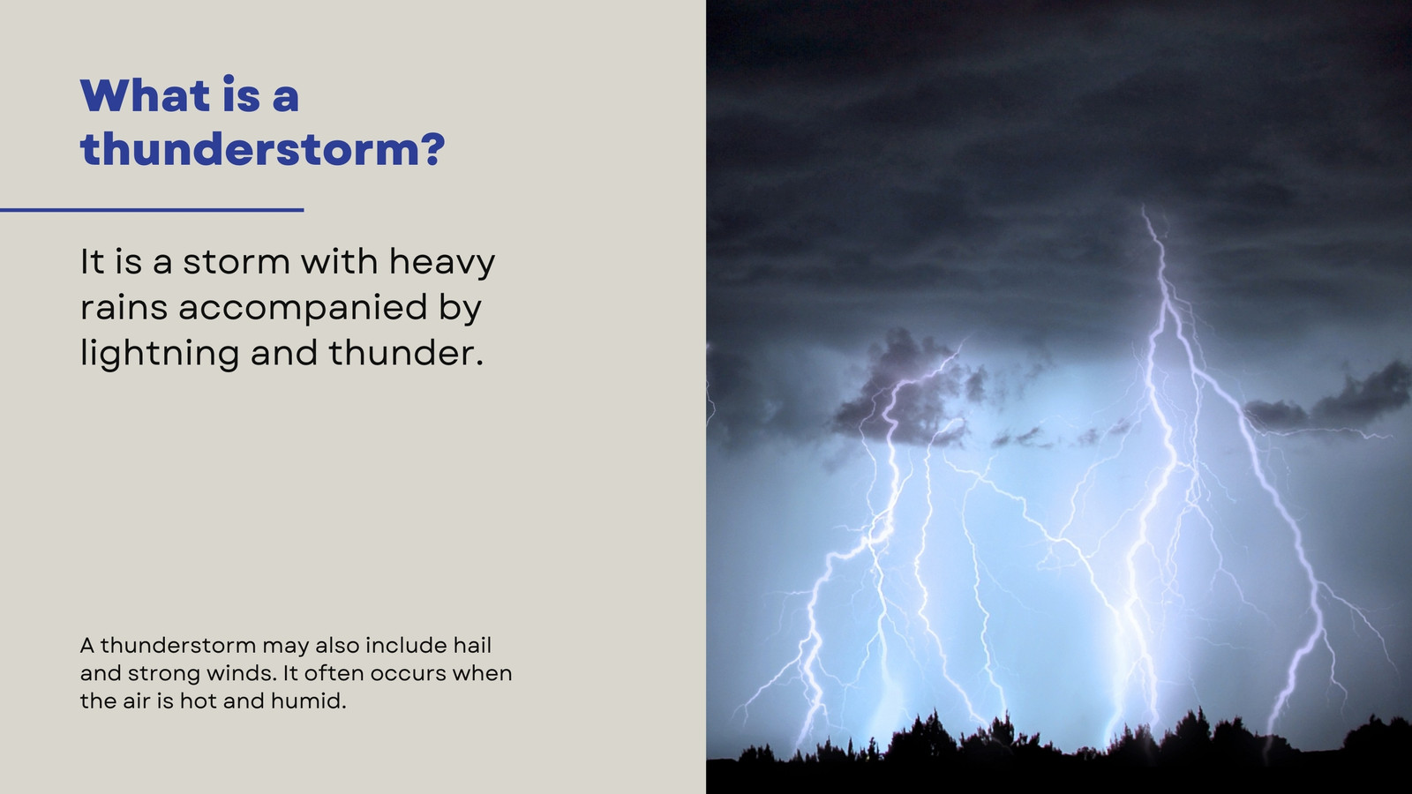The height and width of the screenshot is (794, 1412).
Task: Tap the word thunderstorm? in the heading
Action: (263, 149)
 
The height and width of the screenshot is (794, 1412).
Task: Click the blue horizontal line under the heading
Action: (152, 210)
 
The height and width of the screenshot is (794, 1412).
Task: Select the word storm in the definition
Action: (237, 261)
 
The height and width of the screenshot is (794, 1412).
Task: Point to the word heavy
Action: (442, 263)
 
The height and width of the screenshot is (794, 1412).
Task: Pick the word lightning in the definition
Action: (160, 354)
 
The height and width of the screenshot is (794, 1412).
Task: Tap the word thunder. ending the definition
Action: (406, 353)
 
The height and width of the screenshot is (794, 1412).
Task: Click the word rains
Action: (124, 308)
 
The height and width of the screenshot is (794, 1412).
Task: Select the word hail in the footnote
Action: (472, 645)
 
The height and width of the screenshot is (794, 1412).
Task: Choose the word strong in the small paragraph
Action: (161, 674)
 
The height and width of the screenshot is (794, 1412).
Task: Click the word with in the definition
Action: (339, 261)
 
